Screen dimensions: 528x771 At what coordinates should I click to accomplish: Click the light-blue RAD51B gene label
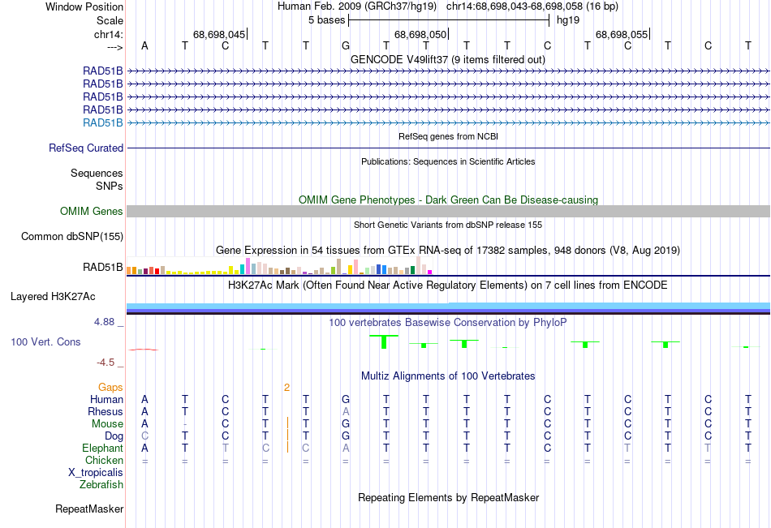click(x=103, y=122)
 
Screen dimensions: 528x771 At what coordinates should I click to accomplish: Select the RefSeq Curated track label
click(x=86, y=148)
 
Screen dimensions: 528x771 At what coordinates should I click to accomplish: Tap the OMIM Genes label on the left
click(x=92, y=211)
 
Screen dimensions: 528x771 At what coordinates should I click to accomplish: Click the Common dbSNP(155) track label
click(x=72, y=237)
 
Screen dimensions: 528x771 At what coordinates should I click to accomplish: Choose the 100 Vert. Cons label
click(x=45, y=342)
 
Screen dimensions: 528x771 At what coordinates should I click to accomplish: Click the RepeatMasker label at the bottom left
click(x=89, y=509)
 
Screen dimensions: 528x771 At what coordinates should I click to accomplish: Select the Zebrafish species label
click(x=101, y=484)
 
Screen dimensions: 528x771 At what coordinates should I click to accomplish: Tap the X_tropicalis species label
click(x=96, y=472)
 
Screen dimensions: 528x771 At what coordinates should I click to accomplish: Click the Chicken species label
click(x=104, y=460)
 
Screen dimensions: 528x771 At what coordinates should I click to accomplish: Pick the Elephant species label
click(x=102, y=448)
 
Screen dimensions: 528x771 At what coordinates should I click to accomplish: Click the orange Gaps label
click(x=110, y=387)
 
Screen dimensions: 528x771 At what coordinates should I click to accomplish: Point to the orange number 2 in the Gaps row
click(x=286, y=387)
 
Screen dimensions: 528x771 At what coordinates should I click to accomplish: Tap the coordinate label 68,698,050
click(x=420, y=34)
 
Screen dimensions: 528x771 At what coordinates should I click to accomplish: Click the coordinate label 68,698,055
click(x=622, y=34)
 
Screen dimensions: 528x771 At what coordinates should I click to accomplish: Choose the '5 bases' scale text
click(x=326, y=19)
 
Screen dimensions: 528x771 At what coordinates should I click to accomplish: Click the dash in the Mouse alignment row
click(x=185, y=424)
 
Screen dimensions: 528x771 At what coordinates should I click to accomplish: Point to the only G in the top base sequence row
click(x=345, y=45)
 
